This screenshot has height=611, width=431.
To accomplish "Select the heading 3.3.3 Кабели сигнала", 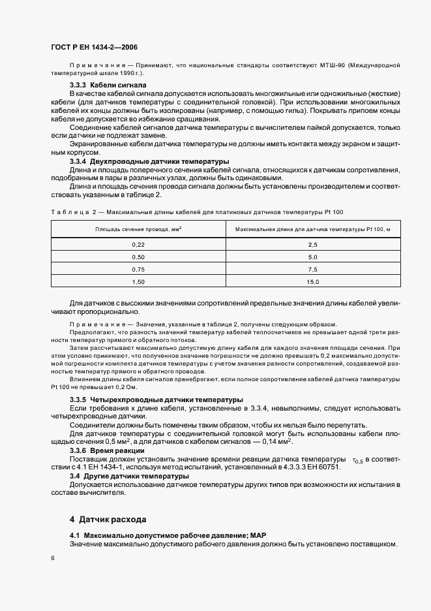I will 108,86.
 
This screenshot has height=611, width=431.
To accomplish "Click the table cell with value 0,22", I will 138,244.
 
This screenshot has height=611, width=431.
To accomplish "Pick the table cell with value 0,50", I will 138,257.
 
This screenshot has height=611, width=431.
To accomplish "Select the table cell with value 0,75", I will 138,269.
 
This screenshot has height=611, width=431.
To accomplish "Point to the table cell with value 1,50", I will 138,282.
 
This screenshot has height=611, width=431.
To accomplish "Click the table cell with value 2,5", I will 312,244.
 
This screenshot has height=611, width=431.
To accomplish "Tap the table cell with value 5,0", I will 312,257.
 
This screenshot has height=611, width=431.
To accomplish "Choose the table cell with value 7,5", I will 312,269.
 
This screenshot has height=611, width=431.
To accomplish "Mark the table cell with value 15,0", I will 312,282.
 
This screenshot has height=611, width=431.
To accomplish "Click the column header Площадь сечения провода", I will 138,229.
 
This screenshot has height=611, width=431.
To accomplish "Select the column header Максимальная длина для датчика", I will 312,229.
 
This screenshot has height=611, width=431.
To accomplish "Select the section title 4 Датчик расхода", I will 108,520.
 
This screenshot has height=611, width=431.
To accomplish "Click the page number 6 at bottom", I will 53,558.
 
